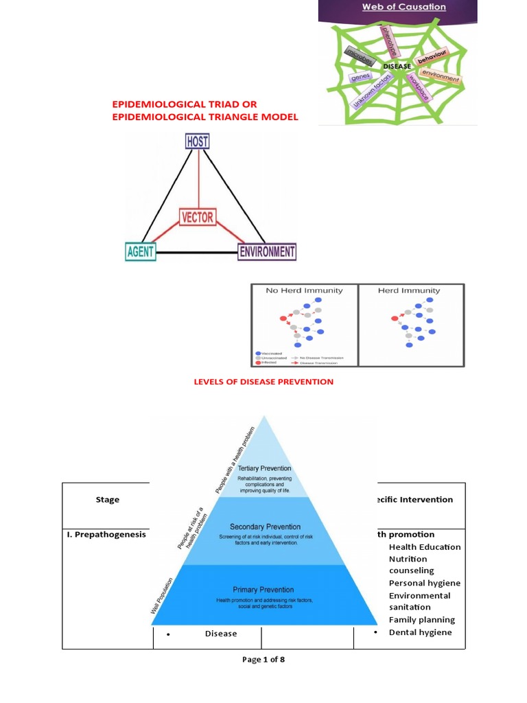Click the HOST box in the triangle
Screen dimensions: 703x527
pos(198,142)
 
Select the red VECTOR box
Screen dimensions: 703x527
pos(198,218)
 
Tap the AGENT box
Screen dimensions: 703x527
pos(141,252)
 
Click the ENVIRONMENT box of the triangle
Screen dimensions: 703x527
pos(267,252)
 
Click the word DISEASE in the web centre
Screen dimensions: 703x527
pos(397,67)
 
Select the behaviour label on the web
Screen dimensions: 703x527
pos(432,57)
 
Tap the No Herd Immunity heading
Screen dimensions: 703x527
pos(304,290)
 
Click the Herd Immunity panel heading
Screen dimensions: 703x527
pos(409,290)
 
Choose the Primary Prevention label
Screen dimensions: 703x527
pos(263,590)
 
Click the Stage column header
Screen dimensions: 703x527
pos(107,500)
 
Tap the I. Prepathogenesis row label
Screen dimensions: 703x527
pos(106,534)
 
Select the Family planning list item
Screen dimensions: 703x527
pos(421,620)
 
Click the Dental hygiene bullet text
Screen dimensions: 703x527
pos(420,632)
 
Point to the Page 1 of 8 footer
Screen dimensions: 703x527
pos(263,660)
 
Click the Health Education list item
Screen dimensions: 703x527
pos(424,547)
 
